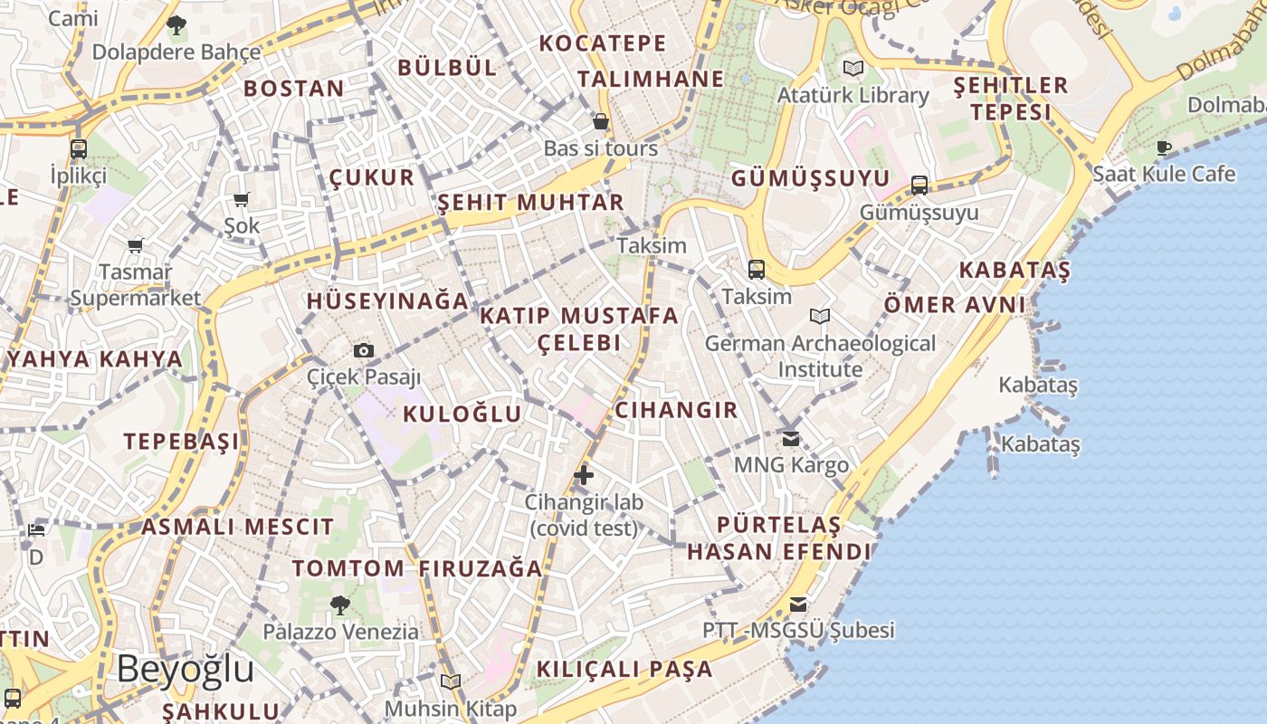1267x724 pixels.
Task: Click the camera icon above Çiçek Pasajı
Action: click(364, 351)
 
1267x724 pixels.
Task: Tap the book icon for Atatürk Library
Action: click(853, 68)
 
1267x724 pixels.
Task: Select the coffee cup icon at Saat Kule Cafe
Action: click(1164, 148)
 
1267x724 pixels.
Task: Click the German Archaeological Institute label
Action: click(820, 356)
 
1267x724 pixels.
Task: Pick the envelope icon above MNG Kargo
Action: click(791, 439)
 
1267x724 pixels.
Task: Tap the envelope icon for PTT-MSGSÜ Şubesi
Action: click(797, 605)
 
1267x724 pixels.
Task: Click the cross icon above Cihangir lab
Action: click(584, 474)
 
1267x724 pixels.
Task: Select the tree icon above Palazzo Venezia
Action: click(340, 605)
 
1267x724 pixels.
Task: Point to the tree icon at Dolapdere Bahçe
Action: click(176, 24)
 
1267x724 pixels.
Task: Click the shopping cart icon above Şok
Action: click(241, 200)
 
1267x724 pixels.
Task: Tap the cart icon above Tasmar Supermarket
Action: click(136, 245)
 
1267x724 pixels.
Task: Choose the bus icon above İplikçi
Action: click(79, 149)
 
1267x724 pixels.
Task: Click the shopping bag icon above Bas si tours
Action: click(600, 121)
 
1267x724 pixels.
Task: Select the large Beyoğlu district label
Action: click(186, 670)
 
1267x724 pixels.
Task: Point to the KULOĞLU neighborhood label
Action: click(462, 414)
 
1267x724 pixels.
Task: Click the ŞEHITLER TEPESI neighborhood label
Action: click(1011, 99)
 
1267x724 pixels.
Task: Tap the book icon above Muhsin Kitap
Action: click(451, 681)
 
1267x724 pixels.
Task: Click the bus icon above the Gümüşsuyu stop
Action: click(919, 186)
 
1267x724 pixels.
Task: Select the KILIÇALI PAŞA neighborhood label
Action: click(624, 670)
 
